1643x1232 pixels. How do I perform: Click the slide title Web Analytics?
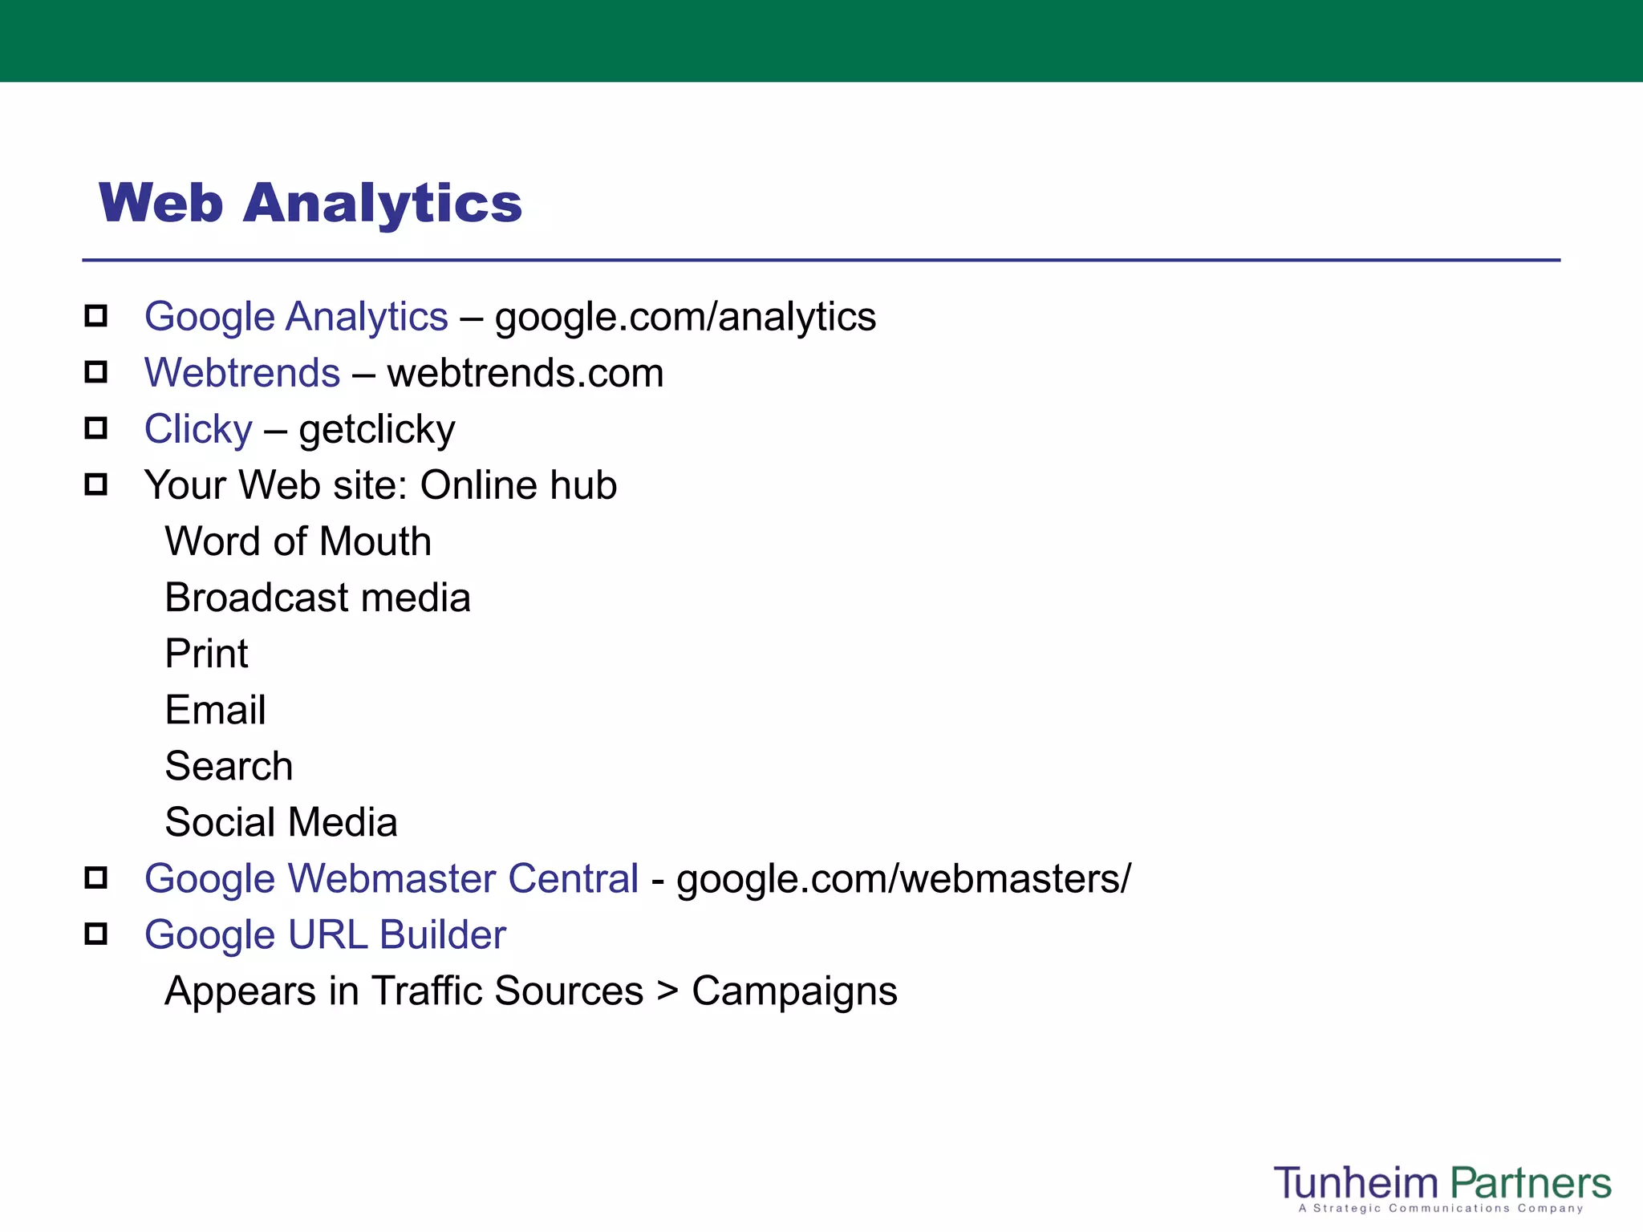coord(310,203)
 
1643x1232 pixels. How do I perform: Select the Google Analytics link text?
coord(296,317)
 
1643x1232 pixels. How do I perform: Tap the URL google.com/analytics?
coord(685,317)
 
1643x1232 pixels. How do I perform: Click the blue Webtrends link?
coord(242,373)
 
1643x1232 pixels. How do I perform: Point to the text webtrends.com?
coord(525,373)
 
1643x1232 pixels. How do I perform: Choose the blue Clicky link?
coord(198,429)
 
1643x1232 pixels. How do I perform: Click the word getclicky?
coord(377,430)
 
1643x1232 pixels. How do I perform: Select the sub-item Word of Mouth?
coord(298,541)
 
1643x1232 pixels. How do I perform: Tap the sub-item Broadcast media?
coord(318,598)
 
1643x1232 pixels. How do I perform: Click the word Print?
coord(206,654)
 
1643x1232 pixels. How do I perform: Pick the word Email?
coord(215,710)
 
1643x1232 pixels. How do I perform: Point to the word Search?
coord(229,766)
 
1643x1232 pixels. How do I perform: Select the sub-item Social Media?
coord(281,822)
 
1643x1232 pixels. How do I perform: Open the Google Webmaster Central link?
coord(391,878)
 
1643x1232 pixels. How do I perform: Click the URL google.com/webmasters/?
coord(903,878)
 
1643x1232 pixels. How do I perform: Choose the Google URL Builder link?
coord(325,934)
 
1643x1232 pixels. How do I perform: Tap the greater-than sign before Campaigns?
coord(667,991)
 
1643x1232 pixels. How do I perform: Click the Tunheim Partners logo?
coord(1442,1187)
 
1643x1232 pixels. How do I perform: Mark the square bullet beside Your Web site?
coord(96,484)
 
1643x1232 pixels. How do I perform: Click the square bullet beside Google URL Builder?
coord(96,934)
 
